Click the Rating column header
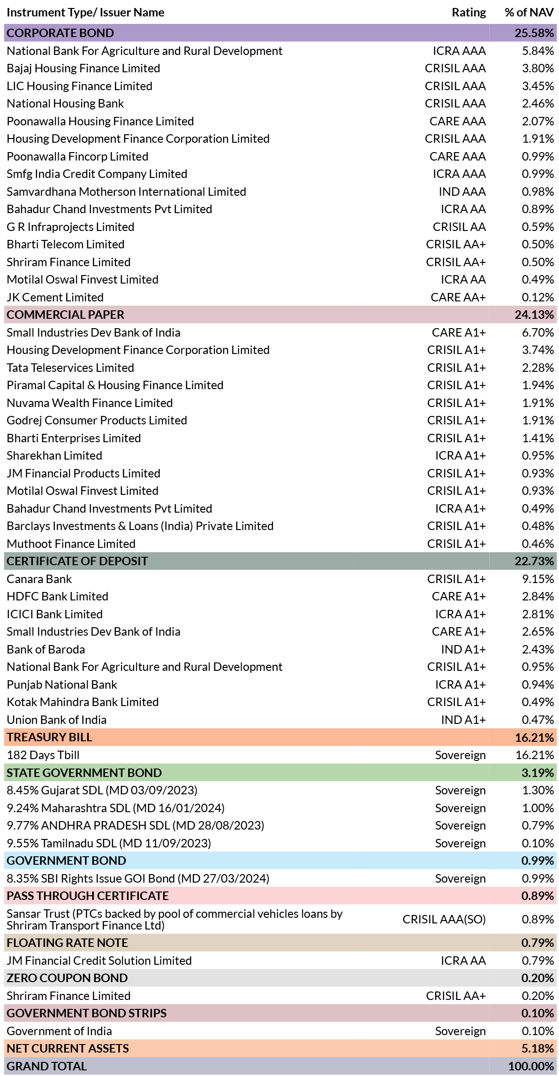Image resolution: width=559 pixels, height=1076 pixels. click(468, 13)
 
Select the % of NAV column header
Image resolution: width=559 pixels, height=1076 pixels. click(529, 13)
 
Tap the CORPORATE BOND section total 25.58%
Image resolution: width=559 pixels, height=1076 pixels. click(534, 33)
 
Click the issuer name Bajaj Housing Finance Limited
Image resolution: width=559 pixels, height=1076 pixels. click(83, 69)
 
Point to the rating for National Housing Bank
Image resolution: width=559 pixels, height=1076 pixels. click(455, 103)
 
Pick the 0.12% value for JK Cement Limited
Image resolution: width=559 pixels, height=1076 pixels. click(538, 297)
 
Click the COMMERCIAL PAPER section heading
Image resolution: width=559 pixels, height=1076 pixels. click(66, 315)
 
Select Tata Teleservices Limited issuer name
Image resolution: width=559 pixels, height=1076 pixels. click(70, 368)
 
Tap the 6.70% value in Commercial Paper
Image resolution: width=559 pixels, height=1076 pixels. click(538, 332)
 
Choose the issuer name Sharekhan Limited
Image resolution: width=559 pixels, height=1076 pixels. click(54, 455)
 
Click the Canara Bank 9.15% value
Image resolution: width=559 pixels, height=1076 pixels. click(538, 579)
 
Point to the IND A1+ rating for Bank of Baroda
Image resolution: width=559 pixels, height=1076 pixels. click(463, 649)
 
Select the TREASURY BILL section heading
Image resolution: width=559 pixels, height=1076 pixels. click(49, 737)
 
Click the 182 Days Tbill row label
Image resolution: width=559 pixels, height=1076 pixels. click(43, 755)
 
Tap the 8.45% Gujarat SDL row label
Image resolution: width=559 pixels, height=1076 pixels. click(102, 790)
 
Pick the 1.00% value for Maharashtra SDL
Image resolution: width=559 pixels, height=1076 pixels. click(538, 808)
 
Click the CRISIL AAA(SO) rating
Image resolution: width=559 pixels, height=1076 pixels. click(444, 919)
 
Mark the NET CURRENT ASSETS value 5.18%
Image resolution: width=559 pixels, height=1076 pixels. click(538, 1048)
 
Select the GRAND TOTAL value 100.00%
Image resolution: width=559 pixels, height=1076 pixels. click(531, 1066)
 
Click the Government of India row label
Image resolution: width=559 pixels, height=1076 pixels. click(59, 1031)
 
